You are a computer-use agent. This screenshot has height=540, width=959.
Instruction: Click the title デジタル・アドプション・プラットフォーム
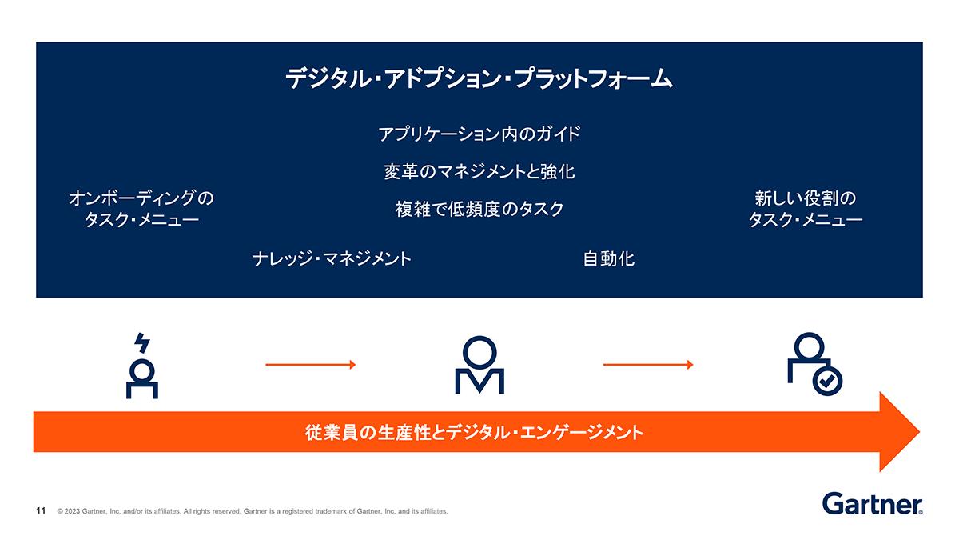coord(479,79)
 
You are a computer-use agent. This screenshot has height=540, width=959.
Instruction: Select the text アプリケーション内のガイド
coord(479,134)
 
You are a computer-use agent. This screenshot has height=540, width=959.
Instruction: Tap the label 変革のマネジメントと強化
coord(479,171)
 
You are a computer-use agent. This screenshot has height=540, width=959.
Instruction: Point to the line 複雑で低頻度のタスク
coord(479,209)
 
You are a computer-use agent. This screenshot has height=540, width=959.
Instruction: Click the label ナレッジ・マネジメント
coord(332,259)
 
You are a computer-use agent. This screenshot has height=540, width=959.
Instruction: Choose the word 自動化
coord(608,259)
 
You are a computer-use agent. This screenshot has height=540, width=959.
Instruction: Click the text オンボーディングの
coord(141,198)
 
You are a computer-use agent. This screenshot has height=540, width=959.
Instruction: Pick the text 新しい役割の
coord(806,198)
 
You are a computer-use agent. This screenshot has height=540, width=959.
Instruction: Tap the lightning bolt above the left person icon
coord(142,342)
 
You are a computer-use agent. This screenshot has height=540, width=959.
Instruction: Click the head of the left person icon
coord(142,370)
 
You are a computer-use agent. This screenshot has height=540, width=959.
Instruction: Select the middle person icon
coord(479,365)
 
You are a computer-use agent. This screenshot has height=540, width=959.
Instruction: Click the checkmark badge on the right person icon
coord(827,381)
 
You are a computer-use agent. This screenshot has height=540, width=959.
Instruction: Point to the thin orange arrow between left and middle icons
coord(310,365)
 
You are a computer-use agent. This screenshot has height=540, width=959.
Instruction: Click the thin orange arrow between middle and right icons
coord(648,365)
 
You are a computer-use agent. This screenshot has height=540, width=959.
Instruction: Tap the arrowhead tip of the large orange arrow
coord(920,431)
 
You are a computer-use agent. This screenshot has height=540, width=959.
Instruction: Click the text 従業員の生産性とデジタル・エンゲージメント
coord(474,433)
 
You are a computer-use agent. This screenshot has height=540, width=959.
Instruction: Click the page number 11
coord(41,510)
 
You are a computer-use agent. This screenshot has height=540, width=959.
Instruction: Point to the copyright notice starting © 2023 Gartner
coord(253,511)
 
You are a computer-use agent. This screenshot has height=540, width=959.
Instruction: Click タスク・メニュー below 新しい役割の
coord(806,220)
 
